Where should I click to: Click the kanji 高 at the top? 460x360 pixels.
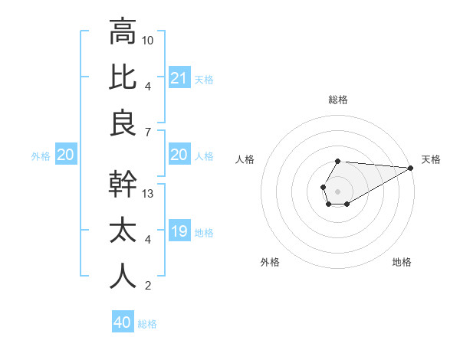point(123,32)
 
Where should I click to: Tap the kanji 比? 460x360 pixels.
point(123,78)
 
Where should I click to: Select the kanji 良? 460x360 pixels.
point(123,123)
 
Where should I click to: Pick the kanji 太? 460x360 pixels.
point(123,231)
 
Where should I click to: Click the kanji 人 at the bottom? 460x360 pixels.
point(123,276)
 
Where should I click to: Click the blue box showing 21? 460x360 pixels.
point(179,77)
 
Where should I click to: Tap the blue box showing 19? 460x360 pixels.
point(179,232)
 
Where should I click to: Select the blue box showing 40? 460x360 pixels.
point(123,322)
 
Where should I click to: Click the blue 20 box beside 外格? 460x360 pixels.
point(65,155)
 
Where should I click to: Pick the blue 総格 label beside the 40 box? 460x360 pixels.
point(147,324)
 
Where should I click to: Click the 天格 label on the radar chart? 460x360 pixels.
point(431,159)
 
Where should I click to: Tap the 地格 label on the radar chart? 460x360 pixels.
point(402,262)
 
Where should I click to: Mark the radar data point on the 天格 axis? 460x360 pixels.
point(412,168)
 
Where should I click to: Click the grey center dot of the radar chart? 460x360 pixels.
point(337,190)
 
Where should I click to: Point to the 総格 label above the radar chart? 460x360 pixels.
point(338,100)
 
